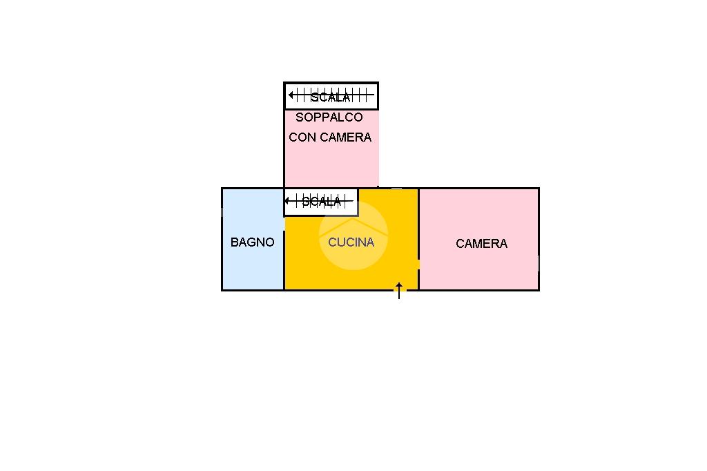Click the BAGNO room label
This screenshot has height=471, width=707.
coord(253,242)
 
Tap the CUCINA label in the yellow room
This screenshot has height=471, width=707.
coord(351,242)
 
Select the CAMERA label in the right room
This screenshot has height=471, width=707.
coord(481,244)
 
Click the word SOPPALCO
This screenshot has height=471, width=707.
coord(329,117)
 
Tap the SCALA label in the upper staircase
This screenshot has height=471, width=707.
coord(331,97)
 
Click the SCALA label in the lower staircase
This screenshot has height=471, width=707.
coord(321,202)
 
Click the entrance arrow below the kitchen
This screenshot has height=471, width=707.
coord(399,291)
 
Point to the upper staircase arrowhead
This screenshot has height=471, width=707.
coord(291,95)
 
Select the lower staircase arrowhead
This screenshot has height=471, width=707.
coord(287,200)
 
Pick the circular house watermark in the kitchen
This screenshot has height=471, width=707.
coord(353,235)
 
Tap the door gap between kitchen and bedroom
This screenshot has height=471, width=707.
coord(419,265)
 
